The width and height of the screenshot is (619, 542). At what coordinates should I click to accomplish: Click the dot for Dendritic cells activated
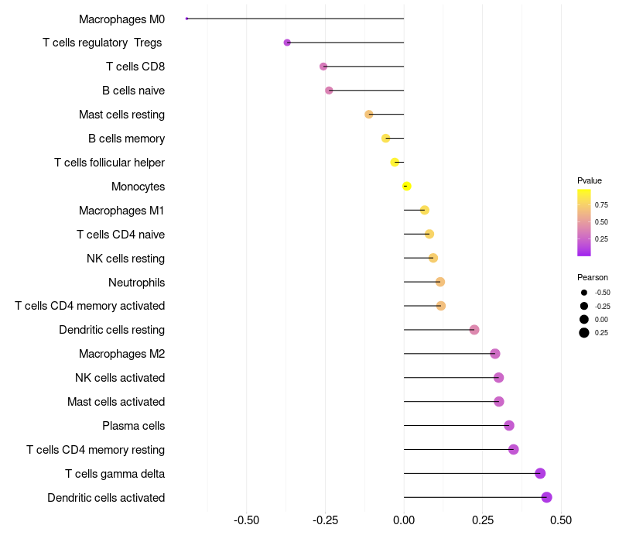(546, 497)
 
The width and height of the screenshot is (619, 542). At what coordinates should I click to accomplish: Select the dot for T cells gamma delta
(540, 473)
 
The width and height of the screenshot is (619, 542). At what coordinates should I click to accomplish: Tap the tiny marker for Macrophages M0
(187, 19)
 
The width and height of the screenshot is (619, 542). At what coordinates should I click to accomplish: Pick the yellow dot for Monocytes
(406, 186)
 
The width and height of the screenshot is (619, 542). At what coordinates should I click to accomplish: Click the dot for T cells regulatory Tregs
(287, 43)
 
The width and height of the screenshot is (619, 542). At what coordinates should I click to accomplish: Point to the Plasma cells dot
(509, 425)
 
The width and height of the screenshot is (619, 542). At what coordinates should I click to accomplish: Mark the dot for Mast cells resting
(369, 115)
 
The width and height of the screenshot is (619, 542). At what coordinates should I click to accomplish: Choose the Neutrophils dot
(440, 282)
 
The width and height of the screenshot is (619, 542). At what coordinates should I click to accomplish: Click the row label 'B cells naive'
(133, 91)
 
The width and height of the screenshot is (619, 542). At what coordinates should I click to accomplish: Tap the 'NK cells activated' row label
(120, 378)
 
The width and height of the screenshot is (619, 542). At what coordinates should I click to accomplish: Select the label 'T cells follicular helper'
(109, 163)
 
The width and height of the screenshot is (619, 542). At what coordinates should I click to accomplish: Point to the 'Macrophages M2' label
(121, 354)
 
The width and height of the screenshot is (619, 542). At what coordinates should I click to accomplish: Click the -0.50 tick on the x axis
(246, 519)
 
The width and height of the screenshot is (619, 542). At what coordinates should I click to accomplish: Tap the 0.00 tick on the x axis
(404, 519)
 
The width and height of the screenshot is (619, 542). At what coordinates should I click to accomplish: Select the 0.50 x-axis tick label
(561, 519)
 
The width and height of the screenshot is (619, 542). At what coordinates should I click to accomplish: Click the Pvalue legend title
(590, 180)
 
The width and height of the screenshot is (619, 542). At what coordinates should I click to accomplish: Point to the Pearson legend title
(593, 277)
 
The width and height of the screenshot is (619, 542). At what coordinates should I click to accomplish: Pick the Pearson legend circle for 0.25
(583, 333)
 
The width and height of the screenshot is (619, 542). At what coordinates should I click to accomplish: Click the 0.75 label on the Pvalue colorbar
(601, 205)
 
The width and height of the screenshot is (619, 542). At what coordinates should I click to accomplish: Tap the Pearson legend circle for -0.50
(583, 293)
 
